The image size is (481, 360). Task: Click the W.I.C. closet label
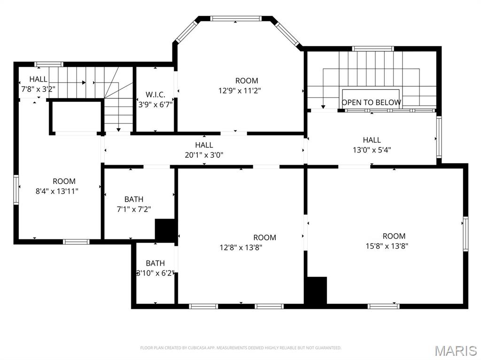point(155,94)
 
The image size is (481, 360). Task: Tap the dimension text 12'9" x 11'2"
point(240,91)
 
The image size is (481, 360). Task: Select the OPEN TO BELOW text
point(371,102)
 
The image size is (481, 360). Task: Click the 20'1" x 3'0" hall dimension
point(204,155)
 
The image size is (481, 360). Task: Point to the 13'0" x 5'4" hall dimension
point(372,150)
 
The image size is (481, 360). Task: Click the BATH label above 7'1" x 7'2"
point(134,199)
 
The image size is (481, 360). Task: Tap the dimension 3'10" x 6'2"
point(155,273)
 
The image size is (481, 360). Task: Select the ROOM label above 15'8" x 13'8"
point(394,236)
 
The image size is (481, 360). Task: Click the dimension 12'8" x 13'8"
point(241,247)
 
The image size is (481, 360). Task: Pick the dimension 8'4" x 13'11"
point(57,191)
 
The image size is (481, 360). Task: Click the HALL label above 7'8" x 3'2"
point(39,79)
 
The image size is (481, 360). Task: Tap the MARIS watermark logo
point(456,351)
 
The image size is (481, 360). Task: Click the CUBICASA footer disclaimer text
point(241,348)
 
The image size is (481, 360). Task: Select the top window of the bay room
point(236,18)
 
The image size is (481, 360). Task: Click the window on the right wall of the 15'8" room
point(465,234)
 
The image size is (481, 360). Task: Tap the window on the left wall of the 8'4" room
point(16,190)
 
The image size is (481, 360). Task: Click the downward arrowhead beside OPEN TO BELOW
point(323,107)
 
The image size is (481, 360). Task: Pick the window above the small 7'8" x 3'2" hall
point(48,64)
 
